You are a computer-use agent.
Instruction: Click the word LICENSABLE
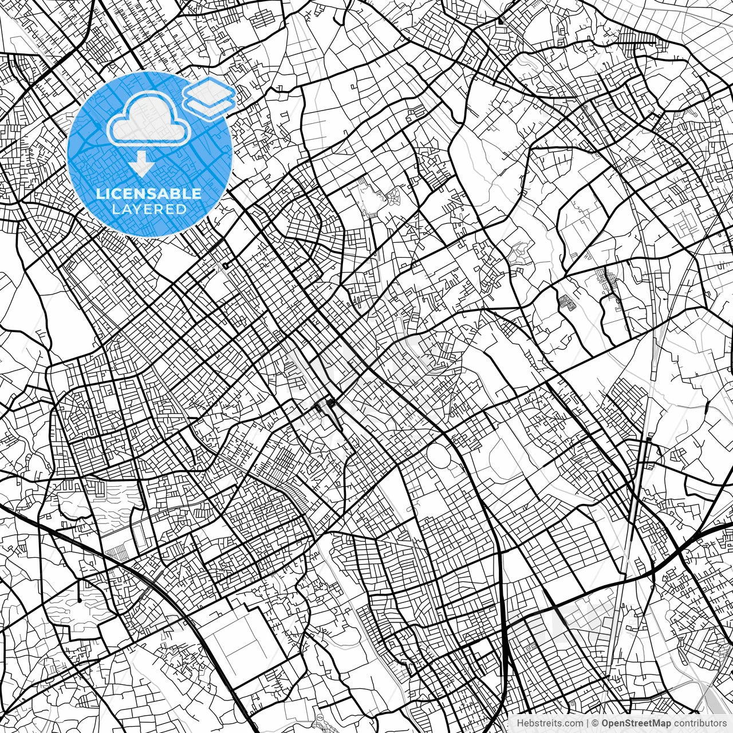click(149, 194)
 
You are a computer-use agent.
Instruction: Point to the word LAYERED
click(149, 209)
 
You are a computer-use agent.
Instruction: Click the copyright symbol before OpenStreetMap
click(596, 723)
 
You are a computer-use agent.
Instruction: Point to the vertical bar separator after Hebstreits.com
click(588, 723)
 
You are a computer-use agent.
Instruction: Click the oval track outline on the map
click(439, 456)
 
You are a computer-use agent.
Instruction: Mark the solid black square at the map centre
click(330, 403)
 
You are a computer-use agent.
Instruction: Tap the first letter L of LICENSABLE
click(100, 194)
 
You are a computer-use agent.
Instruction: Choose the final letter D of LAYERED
click(182, 209)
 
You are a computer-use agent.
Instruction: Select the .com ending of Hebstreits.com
click(574, 723)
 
